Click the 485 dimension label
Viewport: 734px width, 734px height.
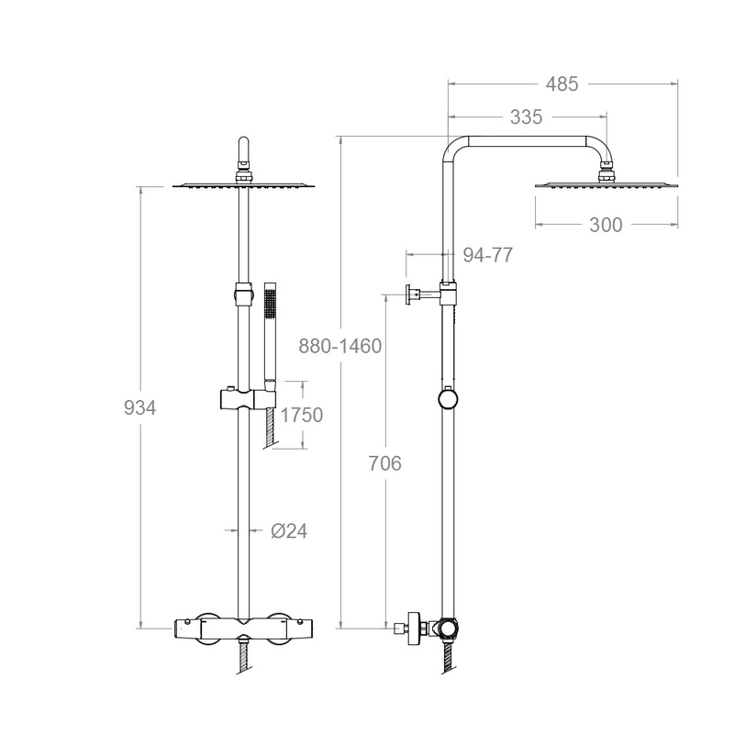pos(562,84)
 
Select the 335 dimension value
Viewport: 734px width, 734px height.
pos(526,117)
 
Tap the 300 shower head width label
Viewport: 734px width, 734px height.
pos(606,225)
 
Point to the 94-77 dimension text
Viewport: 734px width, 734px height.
pos(487,256)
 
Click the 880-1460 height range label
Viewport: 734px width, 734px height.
pos(340,346)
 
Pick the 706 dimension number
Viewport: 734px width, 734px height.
pos(385,463)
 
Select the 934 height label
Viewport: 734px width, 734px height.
pos(140,408)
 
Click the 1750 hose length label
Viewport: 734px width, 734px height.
pos(301,415)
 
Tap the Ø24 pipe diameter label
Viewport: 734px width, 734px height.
pos(288,530)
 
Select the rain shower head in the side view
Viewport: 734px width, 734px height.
pos(606,186)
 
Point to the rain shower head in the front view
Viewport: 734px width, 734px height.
pos(243,187)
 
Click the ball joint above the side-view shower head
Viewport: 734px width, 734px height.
pos(606,167)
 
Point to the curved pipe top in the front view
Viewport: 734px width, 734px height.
pos(243,149)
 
